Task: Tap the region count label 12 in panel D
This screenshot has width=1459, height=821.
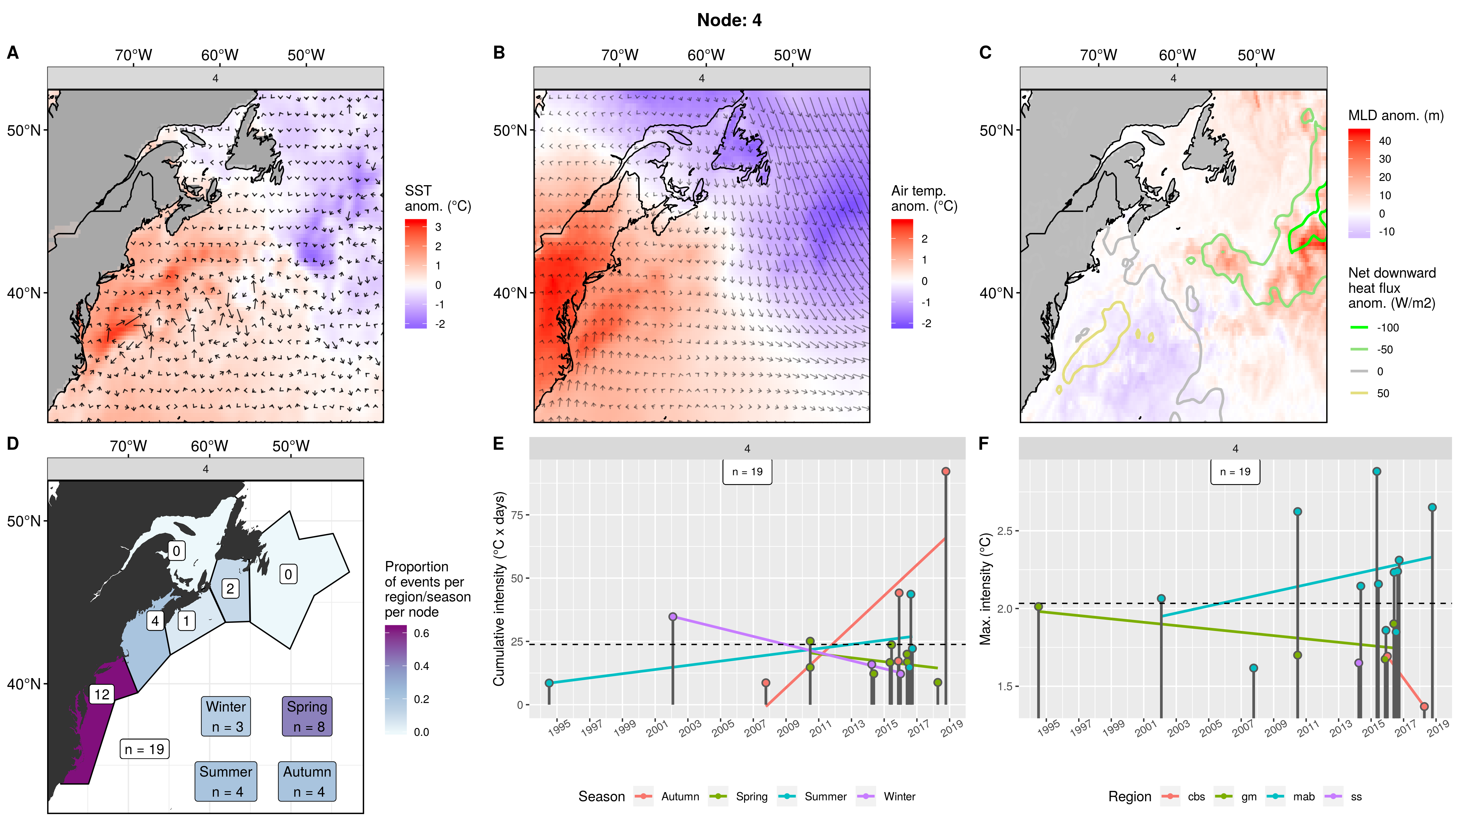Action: coord(102,694)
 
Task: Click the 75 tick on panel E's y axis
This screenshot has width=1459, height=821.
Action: coord(516,515)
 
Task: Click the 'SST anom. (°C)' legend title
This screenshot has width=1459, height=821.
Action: coord(437,198)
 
